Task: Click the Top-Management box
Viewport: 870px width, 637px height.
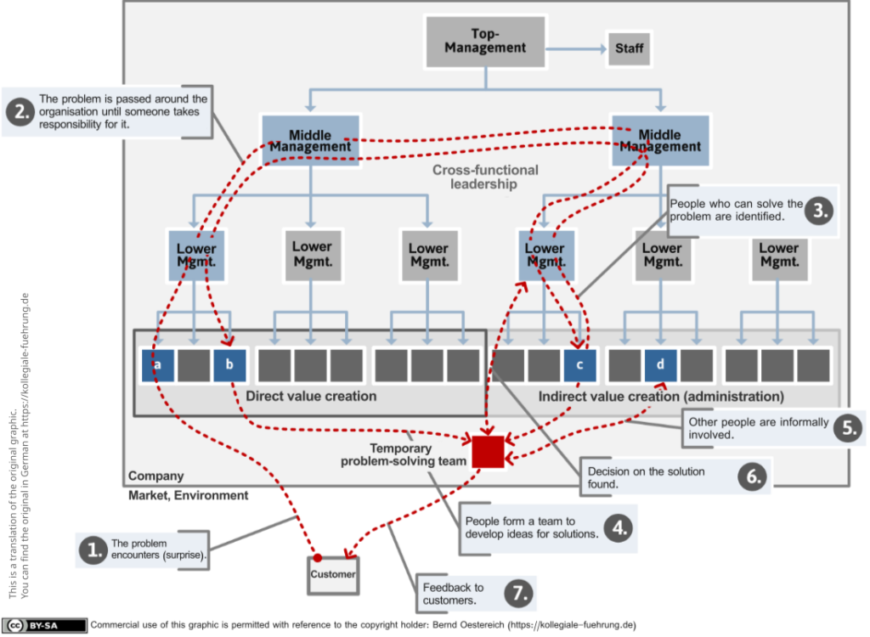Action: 485,42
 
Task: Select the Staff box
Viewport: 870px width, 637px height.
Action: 630,48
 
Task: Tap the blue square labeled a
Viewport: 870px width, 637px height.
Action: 157,365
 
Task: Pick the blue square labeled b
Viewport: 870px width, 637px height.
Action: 229,365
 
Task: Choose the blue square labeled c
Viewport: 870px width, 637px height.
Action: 579,365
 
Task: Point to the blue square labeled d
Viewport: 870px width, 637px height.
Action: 660,365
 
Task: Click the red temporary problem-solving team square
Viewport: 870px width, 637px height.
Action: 489,452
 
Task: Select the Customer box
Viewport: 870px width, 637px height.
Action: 333,575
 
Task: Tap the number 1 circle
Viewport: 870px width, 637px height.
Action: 93,550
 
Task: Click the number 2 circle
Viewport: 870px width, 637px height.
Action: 20,111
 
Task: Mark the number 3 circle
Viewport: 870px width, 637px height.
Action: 820,211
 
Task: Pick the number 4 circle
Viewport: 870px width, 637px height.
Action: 619,527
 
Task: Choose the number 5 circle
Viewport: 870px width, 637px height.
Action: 850,428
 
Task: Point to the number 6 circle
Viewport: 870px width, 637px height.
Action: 753,476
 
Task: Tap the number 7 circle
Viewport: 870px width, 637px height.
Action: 519,593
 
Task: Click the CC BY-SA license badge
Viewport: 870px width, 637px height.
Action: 44,625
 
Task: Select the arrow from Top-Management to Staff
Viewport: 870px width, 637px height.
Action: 577,48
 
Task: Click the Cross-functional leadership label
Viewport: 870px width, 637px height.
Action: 485,177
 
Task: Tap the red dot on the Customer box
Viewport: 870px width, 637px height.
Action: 318,558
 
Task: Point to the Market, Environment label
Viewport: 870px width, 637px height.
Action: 188,495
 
